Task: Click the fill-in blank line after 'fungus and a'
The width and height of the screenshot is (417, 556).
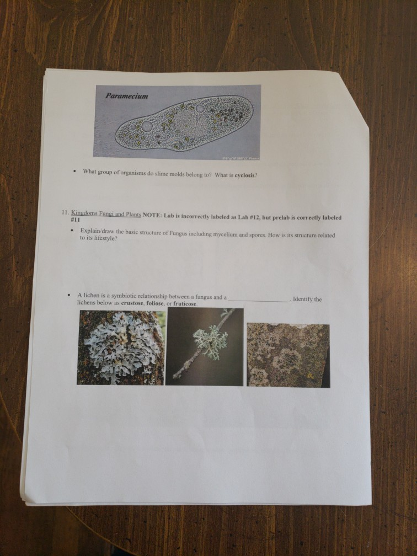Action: tap(259, 300)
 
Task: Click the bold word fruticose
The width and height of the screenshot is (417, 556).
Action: tap(184, 304)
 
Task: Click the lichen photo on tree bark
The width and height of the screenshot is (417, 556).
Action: tap(120, 347)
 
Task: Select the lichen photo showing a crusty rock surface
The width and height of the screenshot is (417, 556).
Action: tap(287, 355)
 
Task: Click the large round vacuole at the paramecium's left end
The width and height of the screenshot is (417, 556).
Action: tap(147, 126)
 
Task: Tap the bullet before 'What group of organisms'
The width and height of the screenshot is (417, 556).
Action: tap(74, 172)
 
